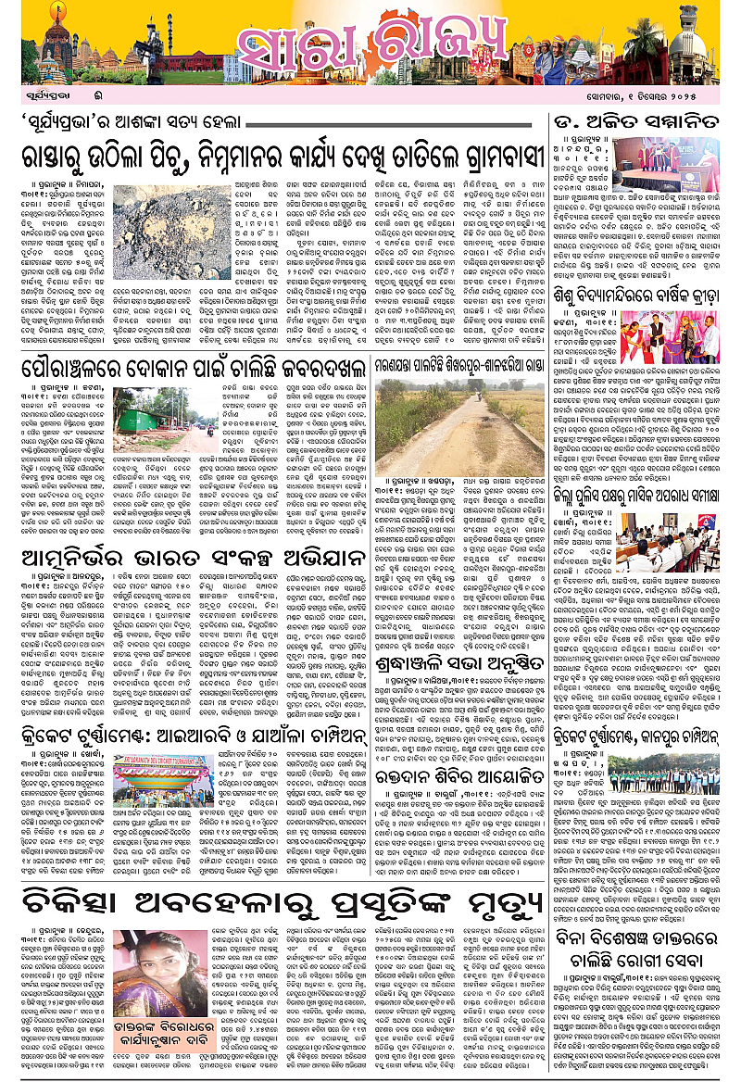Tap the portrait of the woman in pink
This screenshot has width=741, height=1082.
coord(153,973)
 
